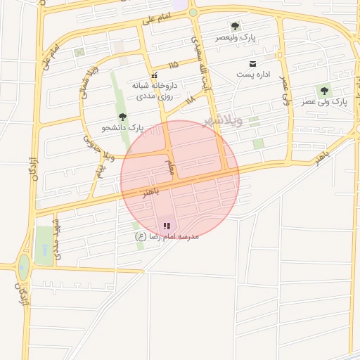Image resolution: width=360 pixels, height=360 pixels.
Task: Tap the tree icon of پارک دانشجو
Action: click(123, 117)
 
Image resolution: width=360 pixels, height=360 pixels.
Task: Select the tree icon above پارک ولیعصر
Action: click(235, 26)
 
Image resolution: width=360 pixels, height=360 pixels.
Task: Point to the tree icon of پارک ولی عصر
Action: click(324, 91)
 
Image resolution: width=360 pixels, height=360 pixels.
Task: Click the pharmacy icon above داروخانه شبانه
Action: click(154, 75)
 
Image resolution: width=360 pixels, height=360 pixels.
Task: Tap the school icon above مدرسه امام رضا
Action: click(167, 226)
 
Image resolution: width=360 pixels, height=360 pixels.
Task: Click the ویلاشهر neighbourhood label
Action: click(223, 120)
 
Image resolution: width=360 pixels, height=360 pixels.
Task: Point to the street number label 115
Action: click(173, 65)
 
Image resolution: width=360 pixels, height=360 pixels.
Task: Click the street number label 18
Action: click(190, 101)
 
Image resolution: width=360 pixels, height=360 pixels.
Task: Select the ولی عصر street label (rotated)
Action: click(285, 91)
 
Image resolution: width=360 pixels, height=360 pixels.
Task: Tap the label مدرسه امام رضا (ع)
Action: click(167, 237)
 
